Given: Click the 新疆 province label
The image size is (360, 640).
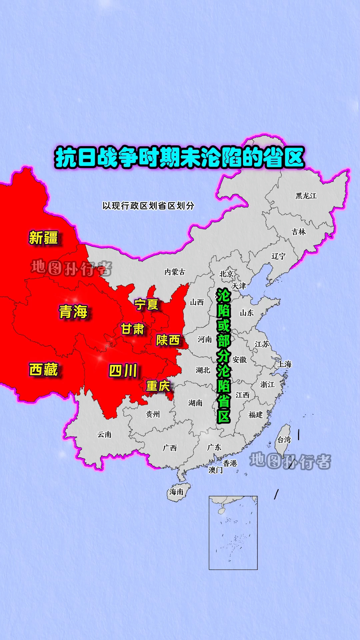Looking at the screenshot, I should pyautogui.click(x=43, y=238).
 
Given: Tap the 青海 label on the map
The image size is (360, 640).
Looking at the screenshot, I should pyautogui.click(x=73, y=312).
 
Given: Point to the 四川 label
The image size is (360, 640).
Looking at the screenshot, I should pyautogui.click(x=123, y=371).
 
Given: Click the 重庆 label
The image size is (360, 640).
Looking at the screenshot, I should pyautogui.click(x=158, y=386).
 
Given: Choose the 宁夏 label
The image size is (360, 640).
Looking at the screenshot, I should pyautogui.click(x=146, y=304).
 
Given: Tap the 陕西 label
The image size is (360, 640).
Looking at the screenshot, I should pyautogui.click(x=168, y=340).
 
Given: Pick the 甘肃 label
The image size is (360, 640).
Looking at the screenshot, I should pyautogui.click(x=132, y=329).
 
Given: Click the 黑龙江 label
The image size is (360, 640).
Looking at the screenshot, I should pyautogui.click(x=306, y=196).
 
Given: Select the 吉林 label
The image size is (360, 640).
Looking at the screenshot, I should pyautogui.click(x=299, y=232).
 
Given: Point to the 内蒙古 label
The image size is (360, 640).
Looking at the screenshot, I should pyautogui.click(x=175, y=272).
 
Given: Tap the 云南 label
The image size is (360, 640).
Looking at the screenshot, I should pyautogui.click(x=104, y=435).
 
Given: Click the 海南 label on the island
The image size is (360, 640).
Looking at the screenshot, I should pyautogui.click(x=176, y=492).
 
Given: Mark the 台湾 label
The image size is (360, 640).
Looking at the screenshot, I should pyautogui.click(x=284, y=440).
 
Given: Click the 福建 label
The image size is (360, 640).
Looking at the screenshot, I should pyautogui.click(x=256, y=415).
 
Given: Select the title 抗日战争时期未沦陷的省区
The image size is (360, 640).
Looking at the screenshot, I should pyautogui.click(x=180, y=157).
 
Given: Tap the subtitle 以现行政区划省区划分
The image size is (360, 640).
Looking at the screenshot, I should pyautogui.click(x=148, y=206).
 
